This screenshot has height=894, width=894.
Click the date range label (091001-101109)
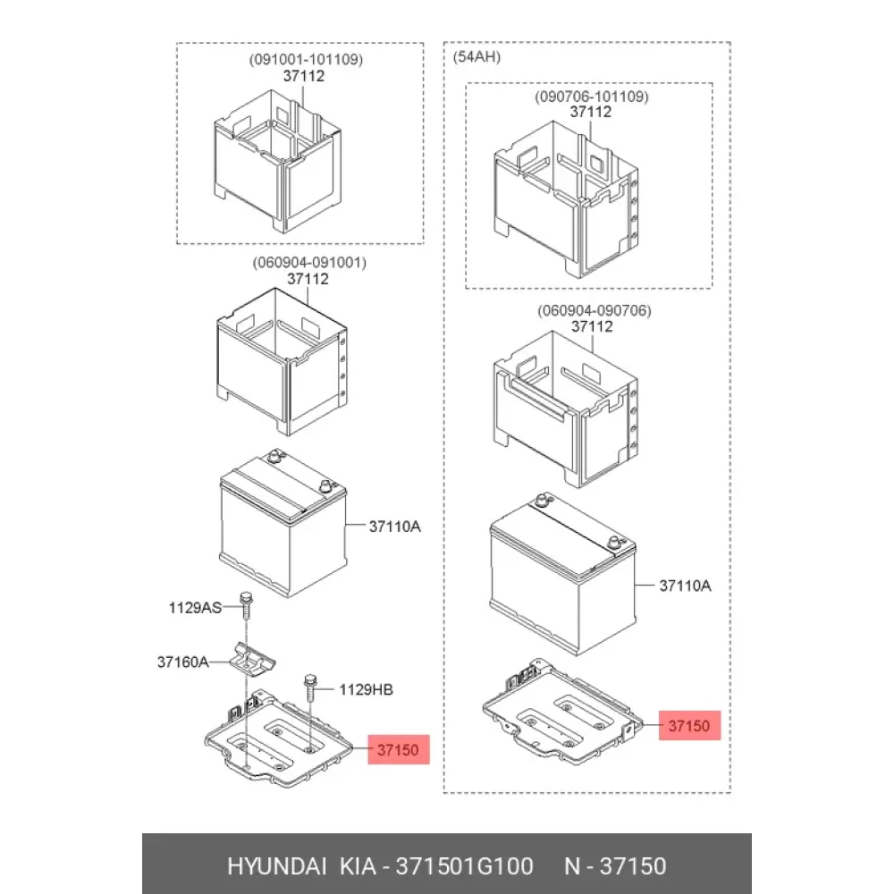coord(306,59)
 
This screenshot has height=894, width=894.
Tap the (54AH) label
coord(477,57)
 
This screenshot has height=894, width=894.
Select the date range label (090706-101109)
coord(591,97)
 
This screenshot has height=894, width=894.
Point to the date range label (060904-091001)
coord(309,263)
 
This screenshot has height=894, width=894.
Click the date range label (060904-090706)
coord(595,311)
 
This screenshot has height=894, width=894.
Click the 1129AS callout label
coord(195,608)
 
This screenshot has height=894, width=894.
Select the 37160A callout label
coord(182,662)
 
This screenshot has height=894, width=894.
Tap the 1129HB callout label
coord(366,690)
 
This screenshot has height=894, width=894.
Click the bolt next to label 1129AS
coord(247,605)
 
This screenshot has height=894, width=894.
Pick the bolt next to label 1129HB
coord(310,687)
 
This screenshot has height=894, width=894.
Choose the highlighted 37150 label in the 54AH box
coord(689,726)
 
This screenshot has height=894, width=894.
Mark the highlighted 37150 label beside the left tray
coord(398,750)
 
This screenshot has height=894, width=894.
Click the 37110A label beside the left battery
coord(394,527)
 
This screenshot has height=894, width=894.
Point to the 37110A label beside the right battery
coord(686,586)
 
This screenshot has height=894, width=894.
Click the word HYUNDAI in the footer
coord(276,866)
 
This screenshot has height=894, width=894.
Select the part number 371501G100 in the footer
coord(465,866)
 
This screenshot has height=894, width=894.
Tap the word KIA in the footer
coord(358,866)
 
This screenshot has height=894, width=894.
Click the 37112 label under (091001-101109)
coord(304,76)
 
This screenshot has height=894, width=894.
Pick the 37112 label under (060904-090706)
coord(592,326)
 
